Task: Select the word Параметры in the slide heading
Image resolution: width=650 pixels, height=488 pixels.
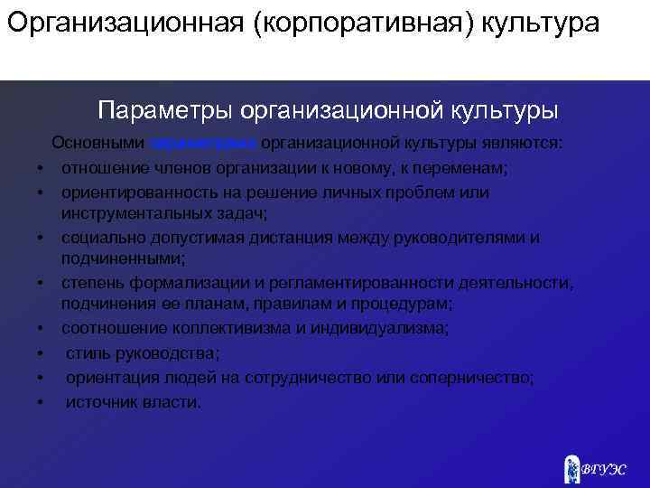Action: [x=163, y=110]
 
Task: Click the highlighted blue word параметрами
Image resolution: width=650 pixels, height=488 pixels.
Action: [x=205, y=144]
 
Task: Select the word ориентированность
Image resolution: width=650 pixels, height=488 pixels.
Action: [x=135, y=192]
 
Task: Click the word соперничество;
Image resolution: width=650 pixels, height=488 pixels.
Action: [x=479, y=377]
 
